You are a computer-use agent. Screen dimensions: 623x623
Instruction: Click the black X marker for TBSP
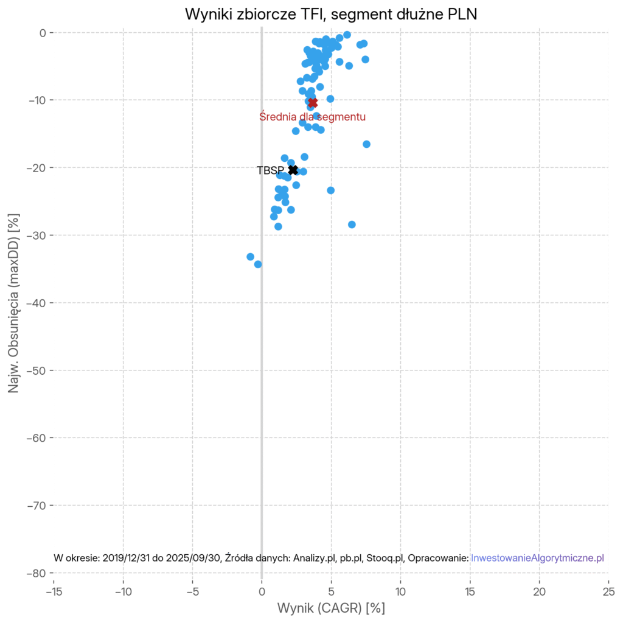[x=293, y=170]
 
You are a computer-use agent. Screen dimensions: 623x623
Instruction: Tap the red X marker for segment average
[x=313, y=103]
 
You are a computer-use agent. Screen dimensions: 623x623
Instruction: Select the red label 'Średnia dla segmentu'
[x=312, y=116]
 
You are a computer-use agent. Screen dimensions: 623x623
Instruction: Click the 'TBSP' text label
[x=270, y=171]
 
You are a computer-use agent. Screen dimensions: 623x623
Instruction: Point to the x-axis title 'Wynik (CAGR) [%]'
[x=331, y=608]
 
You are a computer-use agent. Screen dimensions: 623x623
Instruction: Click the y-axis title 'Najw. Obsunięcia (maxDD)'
[x=14, y=302]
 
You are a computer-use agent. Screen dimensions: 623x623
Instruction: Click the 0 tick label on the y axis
[x=43, y=32]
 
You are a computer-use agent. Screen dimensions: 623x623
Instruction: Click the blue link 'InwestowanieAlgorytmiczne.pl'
[x=537, y=558]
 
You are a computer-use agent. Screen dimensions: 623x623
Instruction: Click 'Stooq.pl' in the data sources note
[x=386, y=558]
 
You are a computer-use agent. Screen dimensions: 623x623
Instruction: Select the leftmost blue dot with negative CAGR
[x=250, y=257]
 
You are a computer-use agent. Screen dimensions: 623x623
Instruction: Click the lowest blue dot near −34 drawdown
[x=258, y=264]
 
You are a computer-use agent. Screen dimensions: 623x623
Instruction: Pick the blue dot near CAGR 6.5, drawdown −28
[x=352, y=224]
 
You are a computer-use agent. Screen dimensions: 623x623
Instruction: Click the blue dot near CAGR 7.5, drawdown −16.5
[x=366, y=144]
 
